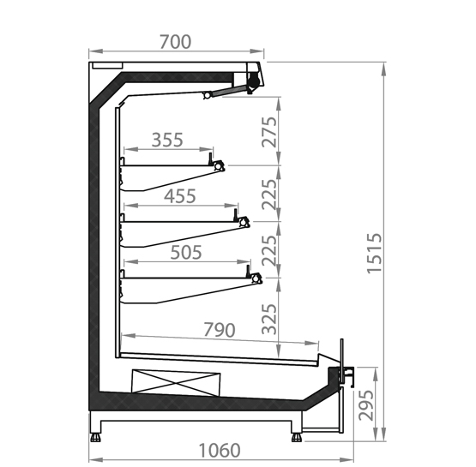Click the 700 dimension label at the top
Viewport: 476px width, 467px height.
pyautogui.click(x=176, y=42)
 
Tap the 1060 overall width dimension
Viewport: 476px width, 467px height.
pyautogui.click(x=220, y=451)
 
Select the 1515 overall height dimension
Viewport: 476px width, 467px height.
pyautogui.click(x=374, y=254)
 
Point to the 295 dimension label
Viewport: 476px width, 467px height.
pyautogui.click(x=366, y=405)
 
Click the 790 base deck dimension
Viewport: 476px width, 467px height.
pyautogui.click(x=220, y=330)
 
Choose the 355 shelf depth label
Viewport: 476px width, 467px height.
pyautogui.click(x=167, y=140)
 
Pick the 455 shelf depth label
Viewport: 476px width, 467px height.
pyautogui.click(x=180, y=196)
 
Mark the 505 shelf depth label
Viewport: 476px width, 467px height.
pyautogui.click(x=186, y=252)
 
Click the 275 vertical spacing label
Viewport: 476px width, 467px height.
pyautogui.click(x=269, y=132)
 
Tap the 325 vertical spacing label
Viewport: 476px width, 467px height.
pyautogui.click(x=269, y=319)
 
